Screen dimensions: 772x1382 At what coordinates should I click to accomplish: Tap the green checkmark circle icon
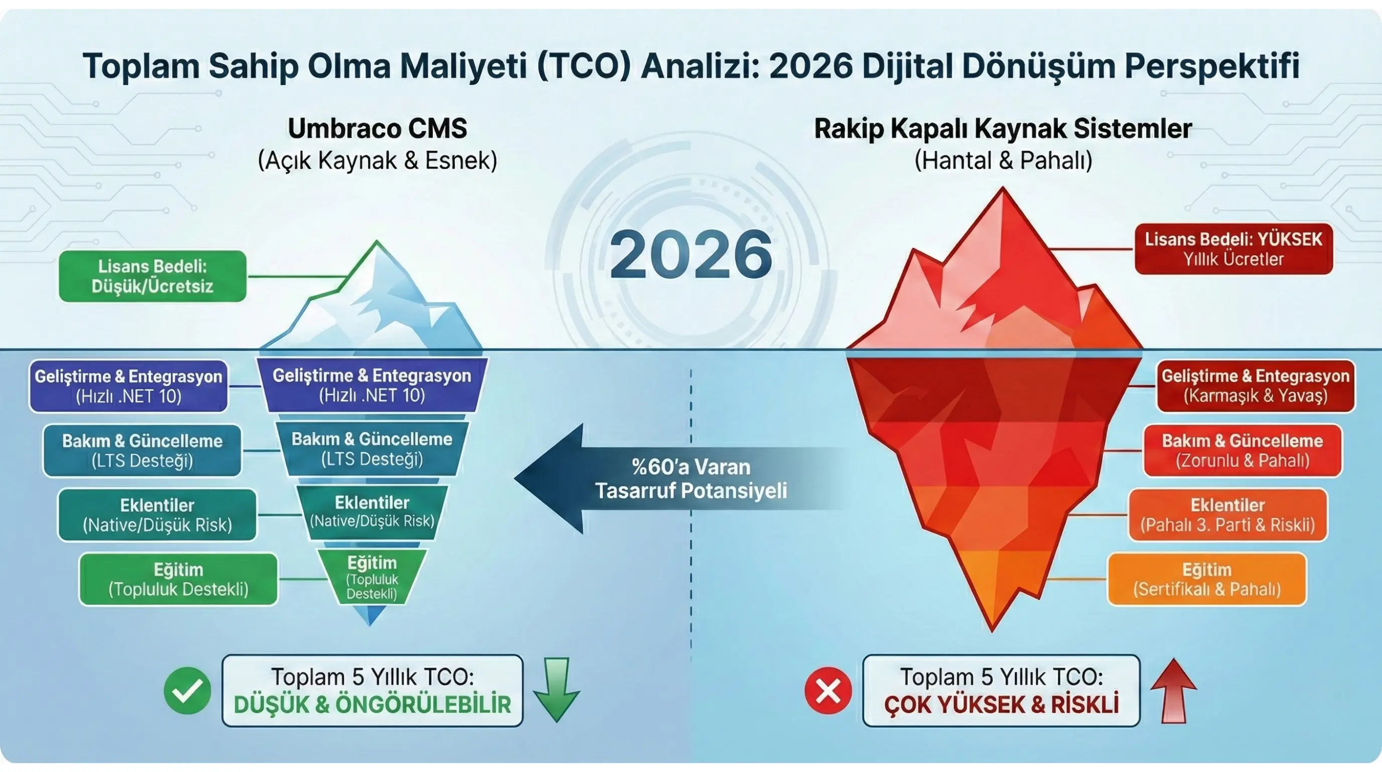(187, 691)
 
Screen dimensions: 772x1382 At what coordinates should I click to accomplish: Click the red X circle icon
(828, 691)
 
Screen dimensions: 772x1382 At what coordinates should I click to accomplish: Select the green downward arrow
(556, 690)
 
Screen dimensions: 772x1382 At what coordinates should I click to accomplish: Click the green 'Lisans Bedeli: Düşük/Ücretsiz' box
(152, 276)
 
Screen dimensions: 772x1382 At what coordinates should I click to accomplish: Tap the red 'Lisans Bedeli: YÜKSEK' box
(1233, 249)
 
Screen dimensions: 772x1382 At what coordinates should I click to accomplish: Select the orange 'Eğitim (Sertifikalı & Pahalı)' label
(1207, 580)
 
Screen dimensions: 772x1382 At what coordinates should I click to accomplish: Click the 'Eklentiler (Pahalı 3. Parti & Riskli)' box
(1227, 515)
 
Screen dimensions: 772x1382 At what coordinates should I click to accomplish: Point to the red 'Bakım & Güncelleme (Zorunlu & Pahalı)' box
(1242, 450)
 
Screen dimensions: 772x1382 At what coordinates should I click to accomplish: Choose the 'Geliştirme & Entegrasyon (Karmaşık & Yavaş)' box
(1255, 385)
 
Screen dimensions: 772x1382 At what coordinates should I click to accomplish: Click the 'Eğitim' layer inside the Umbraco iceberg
(372, 577)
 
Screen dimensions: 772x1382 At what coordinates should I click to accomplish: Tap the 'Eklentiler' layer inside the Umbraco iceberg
(372, 511)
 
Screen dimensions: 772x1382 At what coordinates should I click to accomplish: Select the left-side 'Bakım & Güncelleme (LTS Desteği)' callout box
(142, 450)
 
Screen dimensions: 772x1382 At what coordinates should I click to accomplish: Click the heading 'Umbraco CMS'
(377, 129)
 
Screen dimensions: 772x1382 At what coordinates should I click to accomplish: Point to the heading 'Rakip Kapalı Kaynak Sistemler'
(1003, 129)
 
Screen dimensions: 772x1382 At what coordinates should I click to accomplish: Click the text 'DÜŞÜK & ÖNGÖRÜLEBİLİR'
(372, 704)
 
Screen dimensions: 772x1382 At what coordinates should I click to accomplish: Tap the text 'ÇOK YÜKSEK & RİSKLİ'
(1001, 704)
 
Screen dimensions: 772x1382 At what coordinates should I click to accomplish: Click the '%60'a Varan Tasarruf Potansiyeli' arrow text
(691, 478)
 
